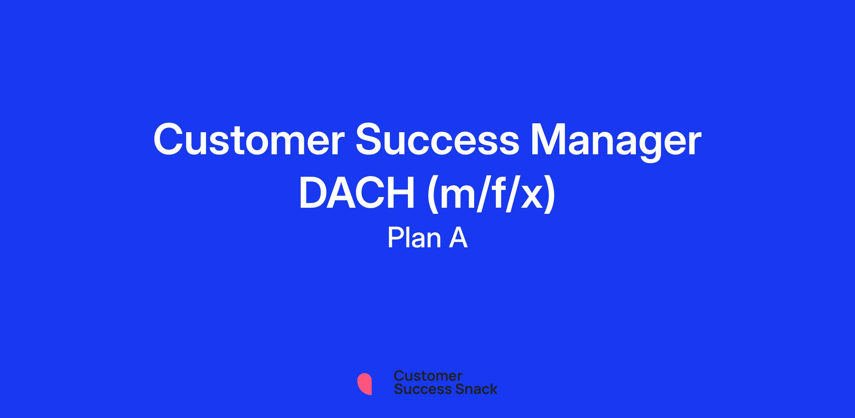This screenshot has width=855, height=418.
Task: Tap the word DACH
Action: [x=357, y=195]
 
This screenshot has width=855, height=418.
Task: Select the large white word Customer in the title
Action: [x=249, y=140]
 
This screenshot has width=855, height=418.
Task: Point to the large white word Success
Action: [x=437, y=140]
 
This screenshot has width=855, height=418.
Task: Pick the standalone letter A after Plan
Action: [x=458, y=238]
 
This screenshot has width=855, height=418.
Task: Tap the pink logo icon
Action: [x=364, y=384]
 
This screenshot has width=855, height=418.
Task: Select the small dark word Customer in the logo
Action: [x=428, y=376]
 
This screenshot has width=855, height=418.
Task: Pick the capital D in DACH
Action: [x=313, y=195]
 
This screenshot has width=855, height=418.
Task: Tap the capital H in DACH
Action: [x=401, y=195]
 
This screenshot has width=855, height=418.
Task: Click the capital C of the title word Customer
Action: [x=169, y=140]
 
